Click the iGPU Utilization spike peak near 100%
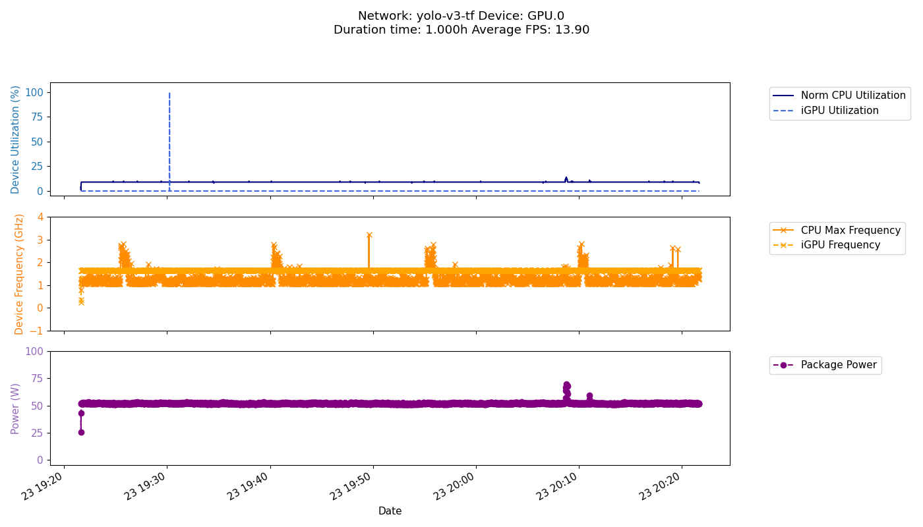point(169,94)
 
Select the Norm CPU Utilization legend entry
point(853,96)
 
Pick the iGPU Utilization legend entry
point(839,111)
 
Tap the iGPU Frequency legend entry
point(841,245)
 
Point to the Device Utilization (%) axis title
point(15,139)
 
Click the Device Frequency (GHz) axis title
point(19,274)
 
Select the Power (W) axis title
point(16,408)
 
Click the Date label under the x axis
point(390,511)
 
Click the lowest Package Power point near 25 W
point(81,432)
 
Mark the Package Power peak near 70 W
point(566,384)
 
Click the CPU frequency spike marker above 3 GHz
point(369,235)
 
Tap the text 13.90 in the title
point(574,30)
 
